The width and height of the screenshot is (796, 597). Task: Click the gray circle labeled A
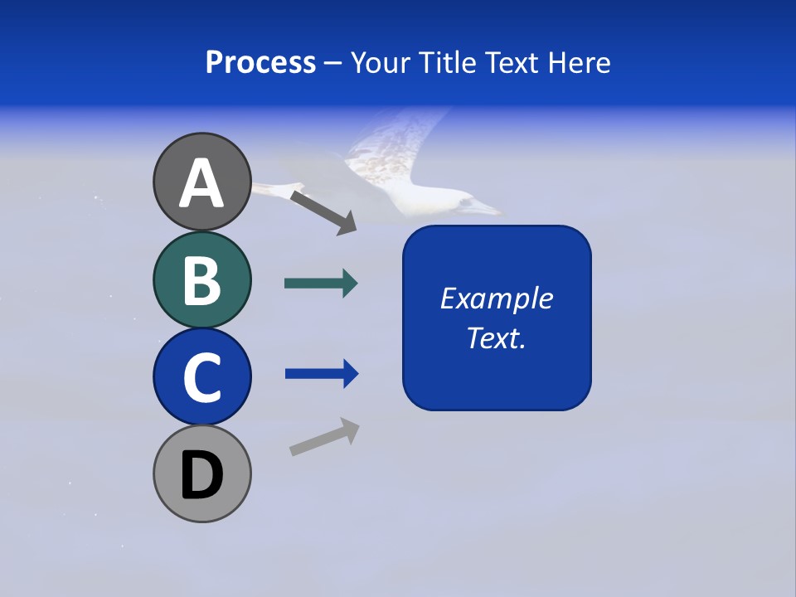201,182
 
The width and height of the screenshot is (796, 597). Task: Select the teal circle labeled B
201,280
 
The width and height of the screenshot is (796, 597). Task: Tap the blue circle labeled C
201,376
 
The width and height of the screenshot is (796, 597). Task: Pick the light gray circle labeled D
201,474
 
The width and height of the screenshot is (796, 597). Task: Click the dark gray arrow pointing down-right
324,212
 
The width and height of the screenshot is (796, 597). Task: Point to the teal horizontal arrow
321,284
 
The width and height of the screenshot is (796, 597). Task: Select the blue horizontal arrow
322,374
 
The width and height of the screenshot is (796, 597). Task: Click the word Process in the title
260,62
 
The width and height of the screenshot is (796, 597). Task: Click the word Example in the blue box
496,298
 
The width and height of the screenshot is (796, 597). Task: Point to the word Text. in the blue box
496,338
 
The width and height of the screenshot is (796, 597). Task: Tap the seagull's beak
489,209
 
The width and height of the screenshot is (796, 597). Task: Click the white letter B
201,280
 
